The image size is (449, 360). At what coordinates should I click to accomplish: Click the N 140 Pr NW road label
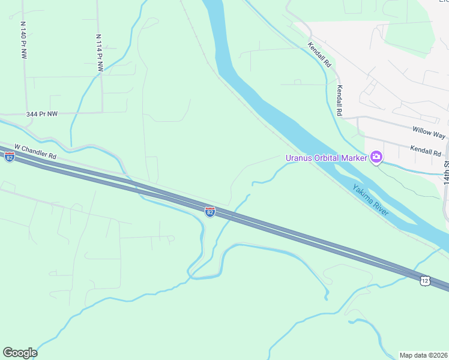click(x=24, y=40)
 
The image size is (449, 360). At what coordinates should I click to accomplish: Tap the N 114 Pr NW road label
click(x=99, y=53)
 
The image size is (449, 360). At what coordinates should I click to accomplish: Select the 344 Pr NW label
click(x=42, y=113)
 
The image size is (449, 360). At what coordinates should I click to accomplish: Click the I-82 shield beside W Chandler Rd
click(x=9, y=157)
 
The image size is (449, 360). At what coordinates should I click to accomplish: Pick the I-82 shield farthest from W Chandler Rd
click(x=209, y=212)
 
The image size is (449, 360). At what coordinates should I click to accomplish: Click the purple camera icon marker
click(x=376, y=158)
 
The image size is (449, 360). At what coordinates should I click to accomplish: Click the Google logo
click(x=20, y=353)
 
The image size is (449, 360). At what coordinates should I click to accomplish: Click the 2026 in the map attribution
click(x=439, y=355)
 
